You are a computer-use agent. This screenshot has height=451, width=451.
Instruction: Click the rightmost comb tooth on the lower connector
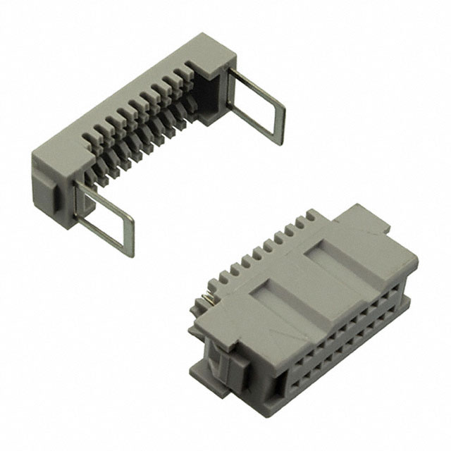click(x=310, y=220)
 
